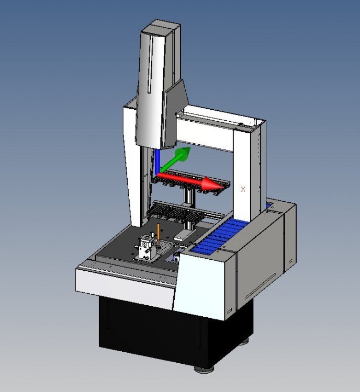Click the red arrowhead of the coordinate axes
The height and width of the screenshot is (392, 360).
(x=212, y=183)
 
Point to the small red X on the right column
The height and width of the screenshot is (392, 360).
(x=243, y=190)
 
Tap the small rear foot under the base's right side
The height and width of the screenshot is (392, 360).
(x=244, y=343)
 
